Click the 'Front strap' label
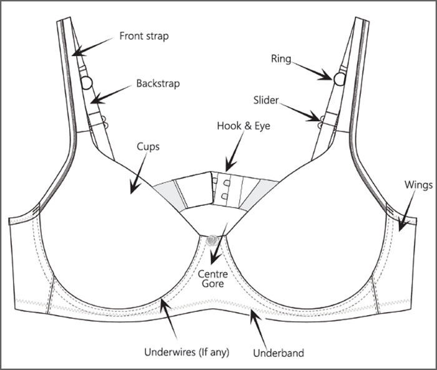tap(144, 36)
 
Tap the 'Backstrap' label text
tap(158, 84)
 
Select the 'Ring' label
tap(281, 59)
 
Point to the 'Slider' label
tap(266, 100)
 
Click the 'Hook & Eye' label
tap(243, 126)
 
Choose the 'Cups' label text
tap(148, 147)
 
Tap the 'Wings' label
tap(418, 185)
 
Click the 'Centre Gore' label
tap(213, 279)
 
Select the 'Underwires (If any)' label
tap(187, 352)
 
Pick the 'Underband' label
tap(278, 353)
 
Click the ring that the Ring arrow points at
tap(340, 79)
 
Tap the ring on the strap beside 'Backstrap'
tap(87, 83)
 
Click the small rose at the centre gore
tap(213, 240)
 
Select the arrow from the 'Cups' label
tap(138, 173)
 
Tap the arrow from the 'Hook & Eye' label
tap(234, 151)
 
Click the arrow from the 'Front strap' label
tap(92, 47)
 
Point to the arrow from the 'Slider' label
tap(299, 112)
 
